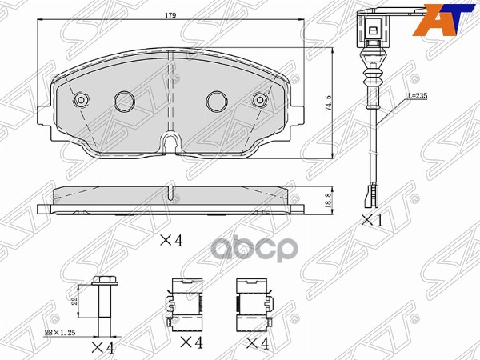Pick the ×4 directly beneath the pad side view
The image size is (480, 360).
166,239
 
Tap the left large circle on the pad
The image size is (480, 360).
124,101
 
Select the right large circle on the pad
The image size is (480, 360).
217,101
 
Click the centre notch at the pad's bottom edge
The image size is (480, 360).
170,143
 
